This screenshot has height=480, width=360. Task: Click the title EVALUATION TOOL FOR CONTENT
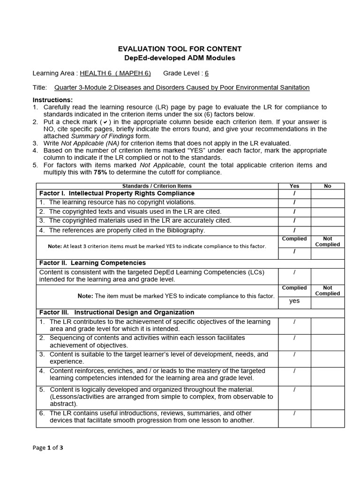[180, 49]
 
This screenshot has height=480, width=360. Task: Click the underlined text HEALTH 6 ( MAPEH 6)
[115, 73]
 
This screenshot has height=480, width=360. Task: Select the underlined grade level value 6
[207, 73]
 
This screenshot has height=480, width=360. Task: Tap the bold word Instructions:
[52, 100]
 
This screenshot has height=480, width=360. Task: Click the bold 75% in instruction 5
[101, 172]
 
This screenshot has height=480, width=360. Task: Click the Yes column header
[294, 186]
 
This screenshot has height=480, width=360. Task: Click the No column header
[327, 186]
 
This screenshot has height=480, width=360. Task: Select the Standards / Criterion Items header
[157, 186]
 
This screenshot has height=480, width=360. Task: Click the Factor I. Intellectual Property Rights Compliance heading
[117, 193]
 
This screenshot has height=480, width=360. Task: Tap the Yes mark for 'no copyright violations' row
[294, 202]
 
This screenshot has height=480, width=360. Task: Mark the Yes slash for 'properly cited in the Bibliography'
[294, 230]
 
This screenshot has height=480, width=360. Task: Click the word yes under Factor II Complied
[294, 301]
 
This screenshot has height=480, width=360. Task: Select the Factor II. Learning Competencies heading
[92, 263]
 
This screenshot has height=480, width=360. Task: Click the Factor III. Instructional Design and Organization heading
[117, 312]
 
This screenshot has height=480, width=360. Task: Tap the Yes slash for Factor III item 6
[294, 413]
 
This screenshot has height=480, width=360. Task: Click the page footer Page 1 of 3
[48, 448]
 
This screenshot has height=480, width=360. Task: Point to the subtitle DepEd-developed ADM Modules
[180, 58]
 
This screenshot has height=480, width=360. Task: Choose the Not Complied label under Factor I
[327, 241]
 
